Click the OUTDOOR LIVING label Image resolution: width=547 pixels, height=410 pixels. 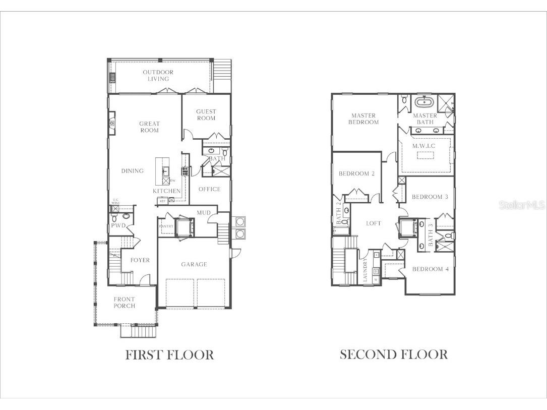(158, 76)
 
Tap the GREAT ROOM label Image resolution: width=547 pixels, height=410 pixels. (149, 127)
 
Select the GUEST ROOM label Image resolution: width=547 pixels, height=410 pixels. (206, 115)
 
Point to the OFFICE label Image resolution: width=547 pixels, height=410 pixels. (209, 189)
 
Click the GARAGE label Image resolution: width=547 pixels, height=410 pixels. (194, 264)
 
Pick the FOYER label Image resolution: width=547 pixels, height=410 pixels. (140, 260)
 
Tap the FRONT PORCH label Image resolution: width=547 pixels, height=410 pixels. (124, 303)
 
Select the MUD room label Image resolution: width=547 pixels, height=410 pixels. (204, 213)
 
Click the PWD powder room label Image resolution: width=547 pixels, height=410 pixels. (118, 225)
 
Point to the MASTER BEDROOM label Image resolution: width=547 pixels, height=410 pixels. (364, 119)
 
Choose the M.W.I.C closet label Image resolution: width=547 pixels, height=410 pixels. (423, 146)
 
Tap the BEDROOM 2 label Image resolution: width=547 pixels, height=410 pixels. (356, 174)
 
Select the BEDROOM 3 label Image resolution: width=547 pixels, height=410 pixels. (430, 197)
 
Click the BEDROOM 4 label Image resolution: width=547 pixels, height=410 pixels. (430, 269)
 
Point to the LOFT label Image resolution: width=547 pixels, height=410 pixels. (373, 223)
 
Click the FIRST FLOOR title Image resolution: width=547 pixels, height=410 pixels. (169, 355)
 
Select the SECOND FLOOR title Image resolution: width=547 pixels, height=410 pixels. (393, 355)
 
